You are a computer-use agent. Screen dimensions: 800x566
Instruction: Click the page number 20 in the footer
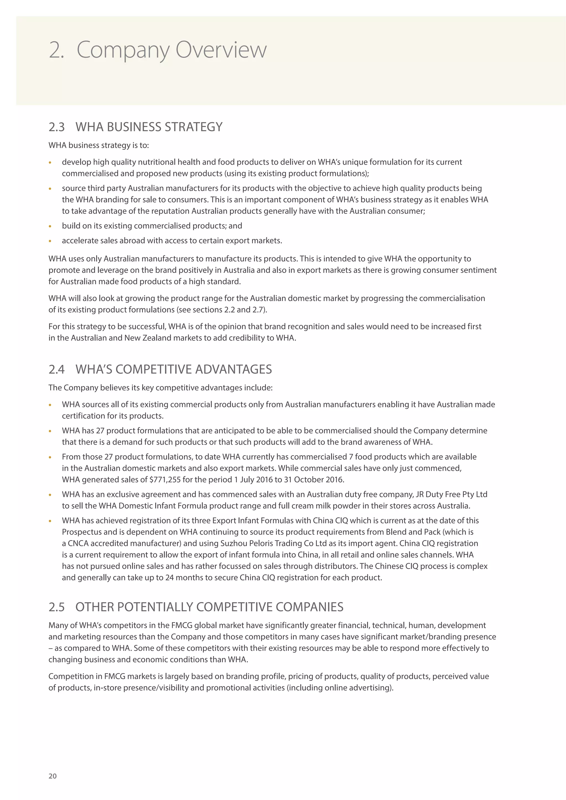[x=53, y=776]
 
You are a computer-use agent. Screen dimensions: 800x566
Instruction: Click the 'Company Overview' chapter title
[x=171, y=50]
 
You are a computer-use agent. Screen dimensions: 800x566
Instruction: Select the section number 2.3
[x=56, y=127]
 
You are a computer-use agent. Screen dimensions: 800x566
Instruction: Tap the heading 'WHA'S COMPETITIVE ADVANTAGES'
[x=174, y=369]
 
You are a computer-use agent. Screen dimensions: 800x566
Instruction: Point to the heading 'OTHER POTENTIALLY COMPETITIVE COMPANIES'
[x=209, y=607]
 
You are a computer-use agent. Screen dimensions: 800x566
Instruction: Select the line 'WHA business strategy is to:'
[x=99, y=145]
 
